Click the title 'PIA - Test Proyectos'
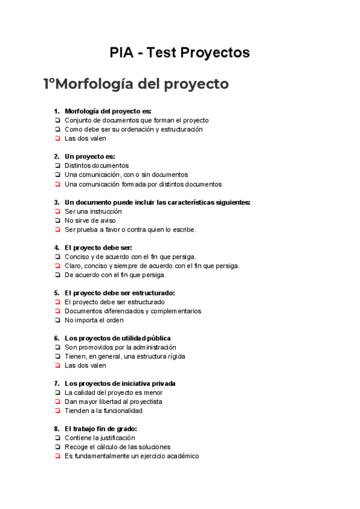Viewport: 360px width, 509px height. pyautogui.click(x=179, y=53)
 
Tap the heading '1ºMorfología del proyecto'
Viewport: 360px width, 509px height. pyautogui.click(x=136, y=84)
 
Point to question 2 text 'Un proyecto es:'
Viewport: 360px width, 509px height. pyautogui.click(x=89, y=157)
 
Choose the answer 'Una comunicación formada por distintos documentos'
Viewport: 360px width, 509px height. pyautogui.click(x=143, y=184)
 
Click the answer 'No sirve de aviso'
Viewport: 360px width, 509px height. pyautogui.click(x=91, y=220)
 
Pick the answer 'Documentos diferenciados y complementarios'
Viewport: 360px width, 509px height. pyautogui.click(x=133, y=311)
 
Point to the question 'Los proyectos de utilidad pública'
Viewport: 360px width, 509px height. pyautogui.click(x=117, y=338)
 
